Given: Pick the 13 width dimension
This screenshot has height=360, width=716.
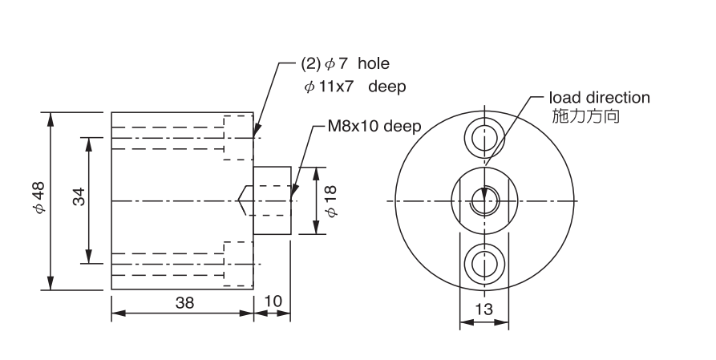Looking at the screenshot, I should pos(483,309).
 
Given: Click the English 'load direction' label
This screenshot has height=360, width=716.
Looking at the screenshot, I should pos(599,99).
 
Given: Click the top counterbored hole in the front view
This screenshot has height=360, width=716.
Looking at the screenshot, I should pos(483,138).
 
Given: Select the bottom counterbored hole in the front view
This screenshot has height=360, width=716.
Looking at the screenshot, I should pos(483,261).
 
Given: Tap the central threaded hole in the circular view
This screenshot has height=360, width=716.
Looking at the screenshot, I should pos(483,200).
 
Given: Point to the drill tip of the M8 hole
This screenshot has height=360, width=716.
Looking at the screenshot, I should pos(241,200).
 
